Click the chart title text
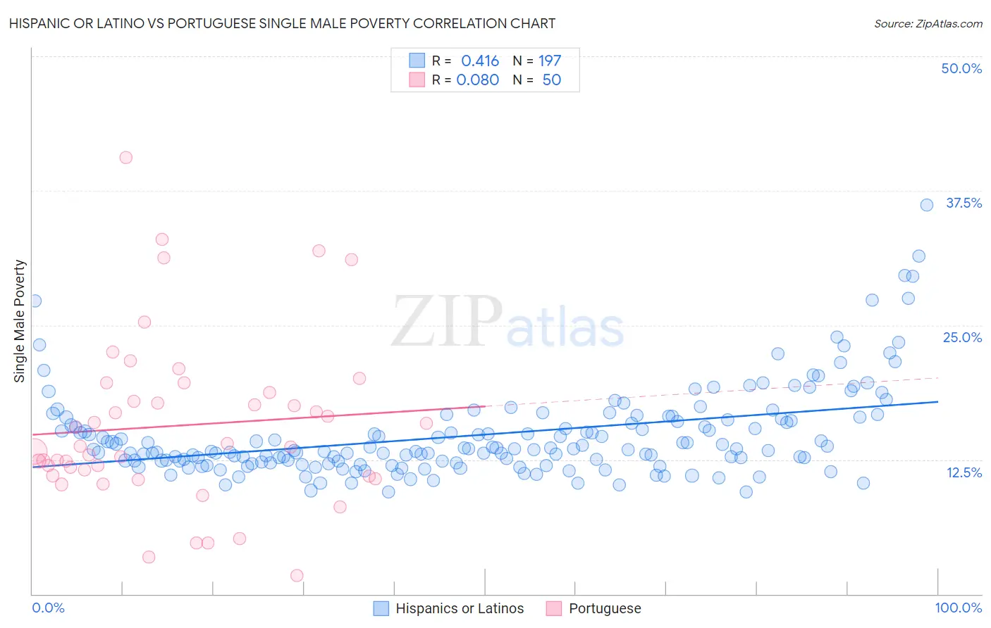282,23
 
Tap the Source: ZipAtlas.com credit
928,23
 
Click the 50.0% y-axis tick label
961,68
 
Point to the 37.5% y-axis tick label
964,203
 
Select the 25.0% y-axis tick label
962,337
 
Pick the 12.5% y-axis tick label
964,472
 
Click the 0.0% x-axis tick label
48,608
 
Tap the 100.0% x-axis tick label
958,608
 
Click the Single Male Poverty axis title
20,321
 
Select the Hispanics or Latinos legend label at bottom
460,608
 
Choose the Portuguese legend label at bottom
605,608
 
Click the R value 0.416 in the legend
480,61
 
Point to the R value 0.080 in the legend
478,80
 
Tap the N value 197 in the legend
550,61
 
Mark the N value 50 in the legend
551,80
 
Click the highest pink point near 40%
125,157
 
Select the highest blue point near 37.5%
927,205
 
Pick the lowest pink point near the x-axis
297,575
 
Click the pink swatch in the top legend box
417,80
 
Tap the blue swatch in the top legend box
417,61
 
